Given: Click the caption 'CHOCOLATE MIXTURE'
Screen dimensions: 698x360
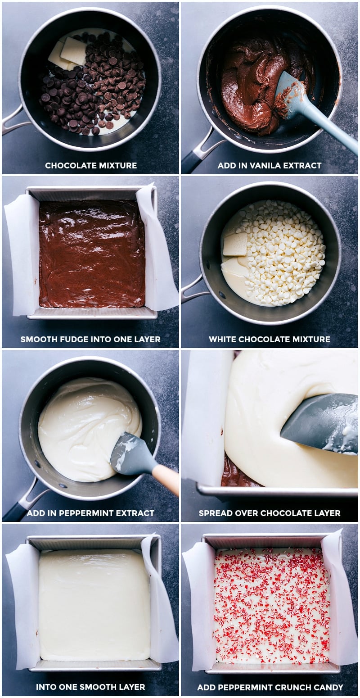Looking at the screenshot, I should pos(90,166).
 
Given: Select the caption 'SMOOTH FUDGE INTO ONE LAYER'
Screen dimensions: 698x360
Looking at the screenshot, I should pos(90,340).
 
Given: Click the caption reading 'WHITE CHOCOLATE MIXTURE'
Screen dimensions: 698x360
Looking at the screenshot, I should pos(269,340).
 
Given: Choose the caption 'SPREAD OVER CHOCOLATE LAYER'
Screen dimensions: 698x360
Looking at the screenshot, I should pos(269,513).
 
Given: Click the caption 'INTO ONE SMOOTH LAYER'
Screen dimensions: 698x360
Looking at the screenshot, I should pos(90,687).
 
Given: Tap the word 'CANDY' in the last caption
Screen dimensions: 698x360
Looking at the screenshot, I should pos(329,687).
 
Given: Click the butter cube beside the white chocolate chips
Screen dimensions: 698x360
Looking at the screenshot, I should pos(235,244).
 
